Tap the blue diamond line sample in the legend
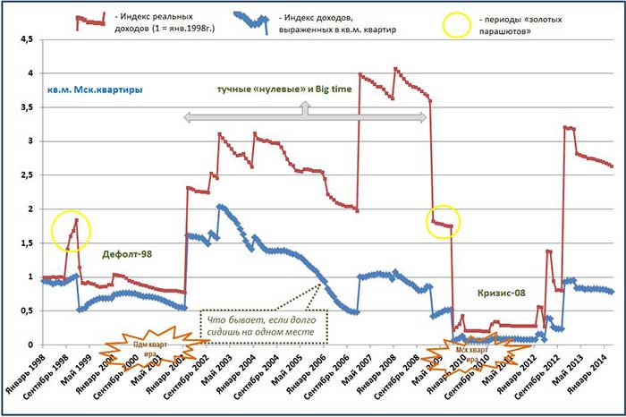click(251, 20)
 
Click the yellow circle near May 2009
click(442, 221)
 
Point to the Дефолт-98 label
click(128, 254)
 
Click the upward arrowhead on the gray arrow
click(304, 104)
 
